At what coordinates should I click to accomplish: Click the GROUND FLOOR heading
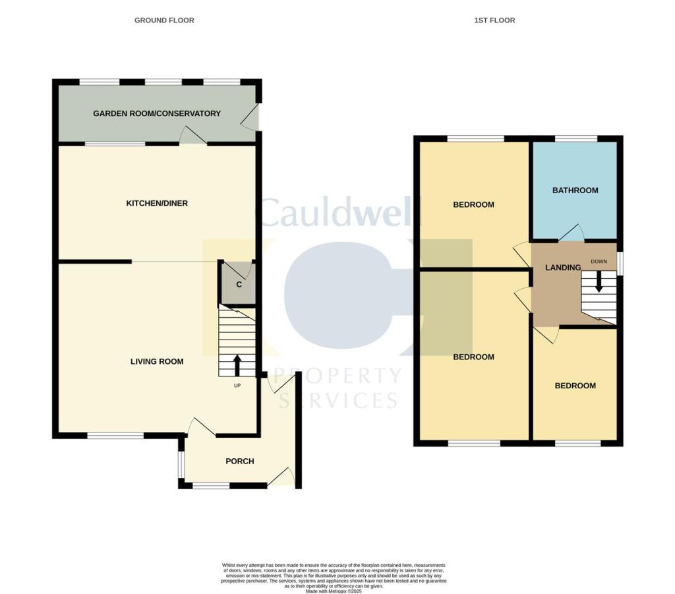click(164, 20)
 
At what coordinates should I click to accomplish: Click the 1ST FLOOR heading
click(494, 20)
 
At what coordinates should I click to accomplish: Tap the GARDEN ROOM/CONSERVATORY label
click(157, 113)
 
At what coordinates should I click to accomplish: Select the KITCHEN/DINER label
click(157, 203)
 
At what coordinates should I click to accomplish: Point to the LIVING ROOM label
click(157, 361)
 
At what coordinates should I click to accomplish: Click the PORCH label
click(240, 461)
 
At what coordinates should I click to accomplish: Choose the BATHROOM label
click(575, 191)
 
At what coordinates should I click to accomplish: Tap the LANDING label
click(562, 268)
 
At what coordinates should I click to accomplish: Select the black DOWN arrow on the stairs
click(599, 282)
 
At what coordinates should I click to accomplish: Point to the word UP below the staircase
click(237, 386)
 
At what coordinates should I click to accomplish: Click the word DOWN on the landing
click(599, 262)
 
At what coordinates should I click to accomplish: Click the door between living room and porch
click(201, 427)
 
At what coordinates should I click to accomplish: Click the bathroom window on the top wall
click(575, 138)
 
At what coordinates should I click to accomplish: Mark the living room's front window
click(115, 436)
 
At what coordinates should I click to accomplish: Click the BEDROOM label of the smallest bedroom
click(575, 386)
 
